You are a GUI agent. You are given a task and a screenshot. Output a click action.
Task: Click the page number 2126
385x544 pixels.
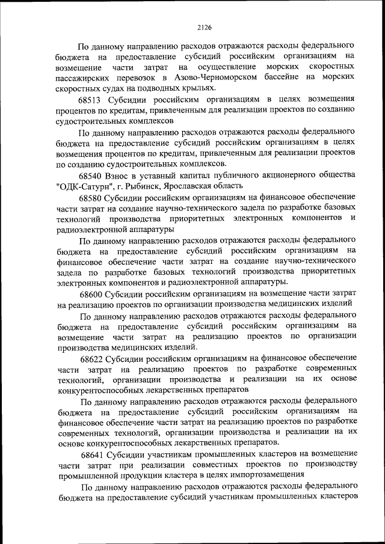pyautogui.click(x=192, y=26)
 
